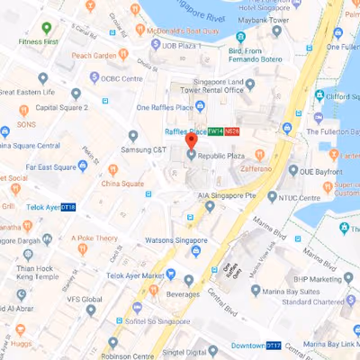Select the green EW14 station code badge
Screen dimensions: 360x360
(x=214, y=131)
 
